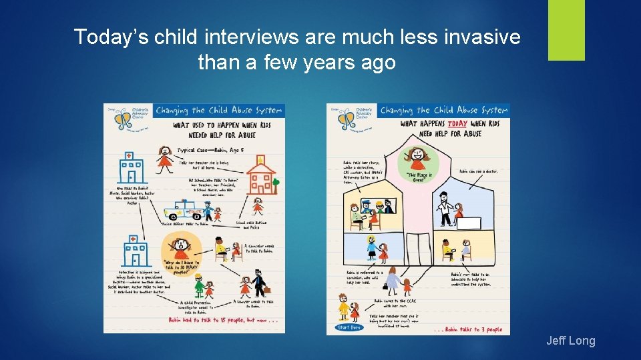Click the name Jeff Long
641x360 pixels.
click(570, 341)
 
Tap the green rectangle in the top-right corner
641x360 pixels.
click(566, 30)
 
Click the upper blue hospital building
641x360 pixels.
click(133, 167)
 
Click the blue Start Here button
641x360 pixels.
click(349, 327)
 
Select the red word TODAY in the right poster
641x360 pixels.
click(457, 125)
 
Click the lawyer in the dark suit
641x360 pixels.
click(260, 283)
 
